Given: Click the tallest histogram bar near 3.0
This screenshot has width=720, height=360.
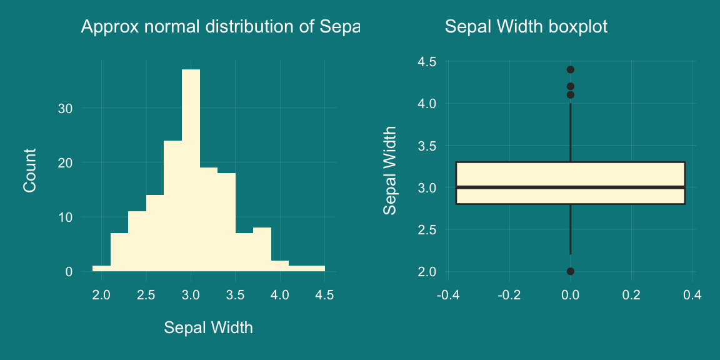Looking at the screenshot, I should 191,169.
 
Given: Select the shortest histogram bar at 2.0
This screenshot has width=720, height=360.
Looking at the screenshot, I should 101,269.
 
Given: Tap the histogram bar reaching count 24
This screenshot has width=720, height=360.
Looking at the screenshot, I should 172,206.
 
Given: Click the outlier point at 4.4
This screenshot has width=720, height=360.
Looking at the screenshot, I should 571,69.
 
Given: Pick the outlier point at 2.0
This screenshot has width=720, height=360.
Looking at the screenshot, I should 571,271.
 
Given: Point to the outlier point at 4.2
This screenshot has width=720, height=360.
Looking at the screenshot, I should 571,86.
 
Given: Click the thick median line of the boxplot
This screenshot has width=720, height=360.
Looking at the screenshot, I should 571,187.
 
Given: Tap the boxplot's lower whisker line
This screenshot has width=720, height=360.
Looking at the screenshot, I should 571,229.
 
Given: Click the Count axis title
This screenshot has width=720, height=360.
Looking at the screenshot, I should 29,170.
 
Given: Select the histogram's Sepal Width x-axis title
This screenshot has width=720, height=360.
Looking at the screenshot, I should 208,327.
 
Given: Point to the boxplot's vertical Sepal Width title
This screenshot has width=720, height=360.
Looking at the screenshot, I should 389,170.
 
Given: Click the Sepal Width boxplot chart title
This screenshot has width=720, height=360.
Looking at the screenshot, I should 526,27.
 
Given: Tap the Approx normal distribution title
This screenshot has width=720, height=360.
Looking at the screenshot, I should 221,27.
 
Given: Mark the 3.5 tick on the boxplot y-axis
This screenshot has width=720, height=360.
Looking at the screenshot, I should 427,146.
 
